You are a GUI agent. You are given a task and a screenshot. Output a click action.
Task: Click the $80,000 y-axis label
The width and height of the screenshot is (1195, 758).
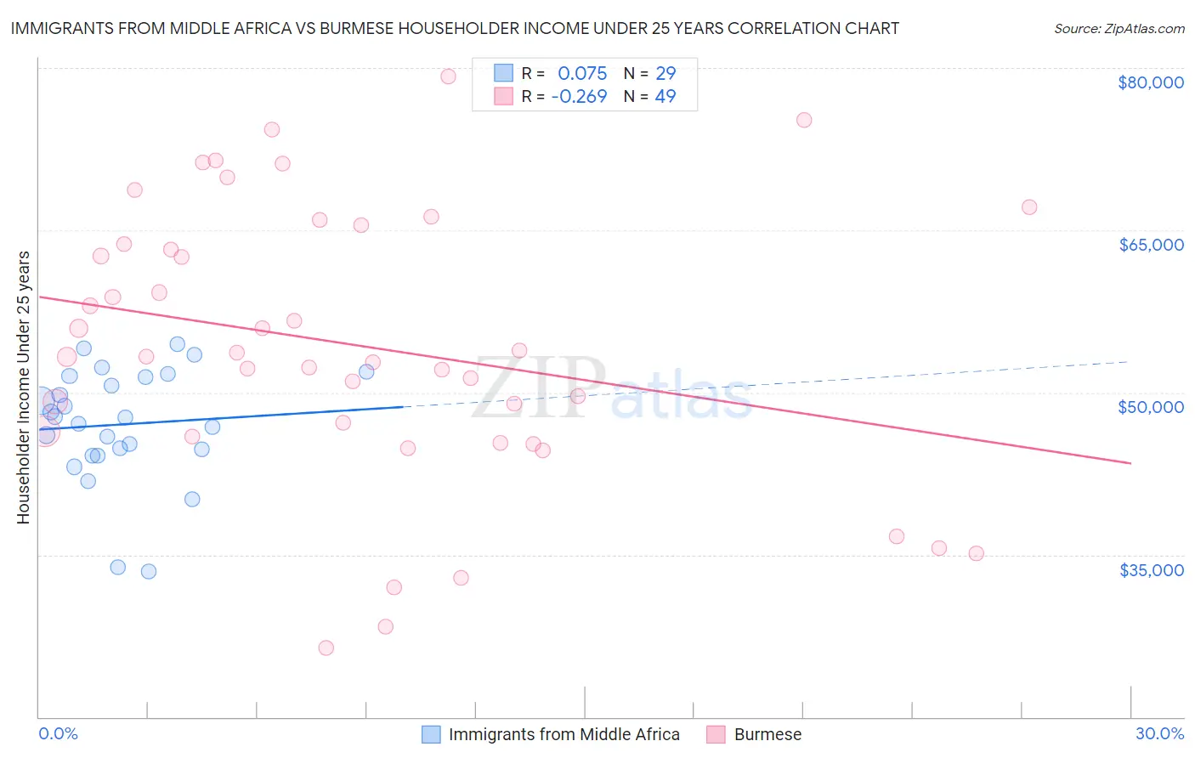click(1150, 82)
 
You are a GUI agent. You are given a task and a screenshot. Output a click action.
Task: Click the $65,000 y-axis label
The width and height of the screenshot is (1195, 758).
click(1151, 245)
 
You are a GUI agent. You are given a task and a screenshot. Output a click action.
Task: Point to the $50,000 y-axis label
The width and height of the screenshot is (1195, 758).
click(1151, 407)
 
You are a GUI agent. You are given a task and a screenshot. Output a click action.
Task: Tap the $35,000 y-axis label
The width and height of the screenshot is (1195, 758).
click(1151, 570)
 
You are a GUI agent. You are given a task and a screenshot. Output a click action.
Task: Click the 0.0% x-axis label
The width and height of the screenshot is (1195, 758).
click(58, 733)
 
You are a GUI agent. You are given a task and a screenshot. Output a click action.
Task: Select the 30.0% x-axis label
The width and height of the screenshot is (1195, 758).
click(1159, 733)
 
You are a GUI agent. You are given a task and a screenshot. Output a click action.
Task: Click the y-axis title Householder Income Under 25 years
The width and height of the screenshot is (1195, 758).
click(23, 387)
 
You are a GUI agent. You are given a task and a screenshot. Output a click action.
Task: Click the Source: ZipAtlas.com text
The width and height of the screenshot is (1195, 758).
click(1119, 29)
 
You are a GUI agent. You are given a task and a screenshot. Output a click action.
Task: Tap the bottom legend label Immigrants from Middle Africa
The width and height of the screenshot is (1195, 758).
click(564, 734)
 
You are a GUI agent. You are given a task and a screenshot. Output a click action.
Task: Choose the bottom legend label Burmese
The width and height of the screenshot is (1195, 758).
click(767, 734)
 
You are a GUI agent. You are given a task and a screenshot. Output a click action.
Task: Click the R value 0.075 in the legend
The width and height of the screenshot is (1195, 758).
click(582, 73)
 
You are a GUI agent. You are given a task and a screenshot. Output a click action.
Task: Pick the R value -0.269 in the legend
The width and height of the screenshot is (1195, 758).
click(579, 96)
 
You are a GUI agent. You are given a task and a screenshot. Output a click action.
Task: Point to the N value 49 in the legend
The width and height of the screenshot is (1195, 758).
click(665, 96)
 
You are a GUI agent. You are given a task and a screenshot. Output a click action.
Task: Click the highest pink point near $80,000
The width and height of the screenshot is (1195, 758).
click(448, 76)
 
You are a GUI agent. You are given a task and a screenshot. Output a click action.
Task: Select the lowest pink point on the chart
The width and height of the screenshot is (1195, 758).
click(326, 648)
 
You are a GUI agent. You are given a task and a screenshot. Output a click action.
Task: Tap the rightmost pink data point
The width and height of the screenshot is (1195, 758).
click(1029, 207)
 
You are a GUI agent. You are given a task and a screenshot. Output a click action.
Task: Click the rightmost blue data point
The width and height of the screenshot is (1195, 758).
click(366, 371)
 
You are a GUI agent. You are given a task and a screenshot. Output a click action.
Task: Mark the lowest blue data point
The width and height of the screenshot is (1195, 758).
click(149, 571)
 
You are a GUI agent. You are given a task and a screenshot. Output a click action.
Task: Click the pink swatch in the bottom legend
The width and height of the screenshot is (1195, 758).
click(716, 734)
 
